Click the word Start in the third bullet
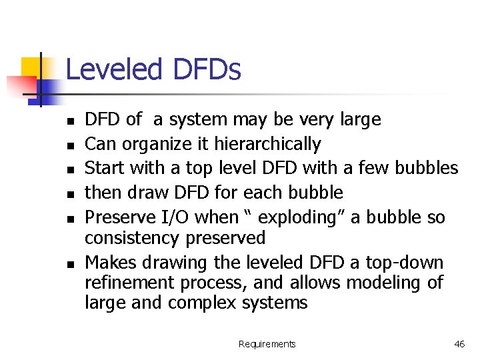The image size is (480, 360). (x=105, y=168)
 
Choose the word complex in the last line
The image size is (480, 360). (x=201, y=303)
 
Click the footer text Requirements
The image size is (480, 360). (x=267, y=344)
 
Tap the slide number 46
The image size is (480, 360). (x=459, y=344)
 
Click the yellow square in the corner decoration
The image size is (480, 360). (x=29, y=66)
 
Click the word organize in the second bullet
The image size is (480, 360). (x=152, y=144)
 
